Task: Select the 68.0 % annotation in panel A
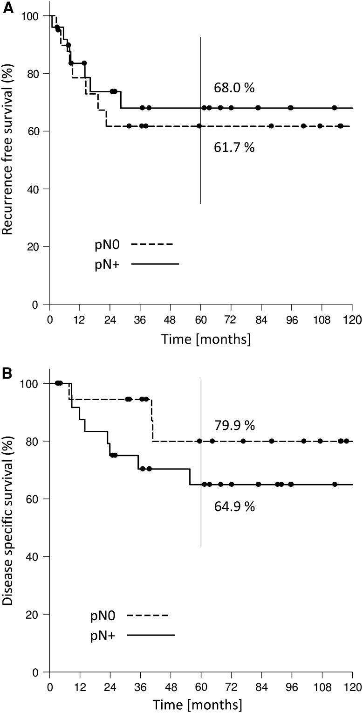tap(234, 88)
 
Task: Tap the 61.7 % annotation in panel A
tap(234, 148)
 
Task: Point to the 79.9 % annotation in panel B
tap(234, 425)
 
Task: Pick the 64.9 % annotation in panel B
tap(234, 507)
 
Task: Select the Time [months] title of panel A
tap(206, 339)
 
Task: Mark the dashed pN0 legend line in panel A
tap(152, 244)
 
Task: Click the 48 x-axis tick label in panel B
tap(171, 686)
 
